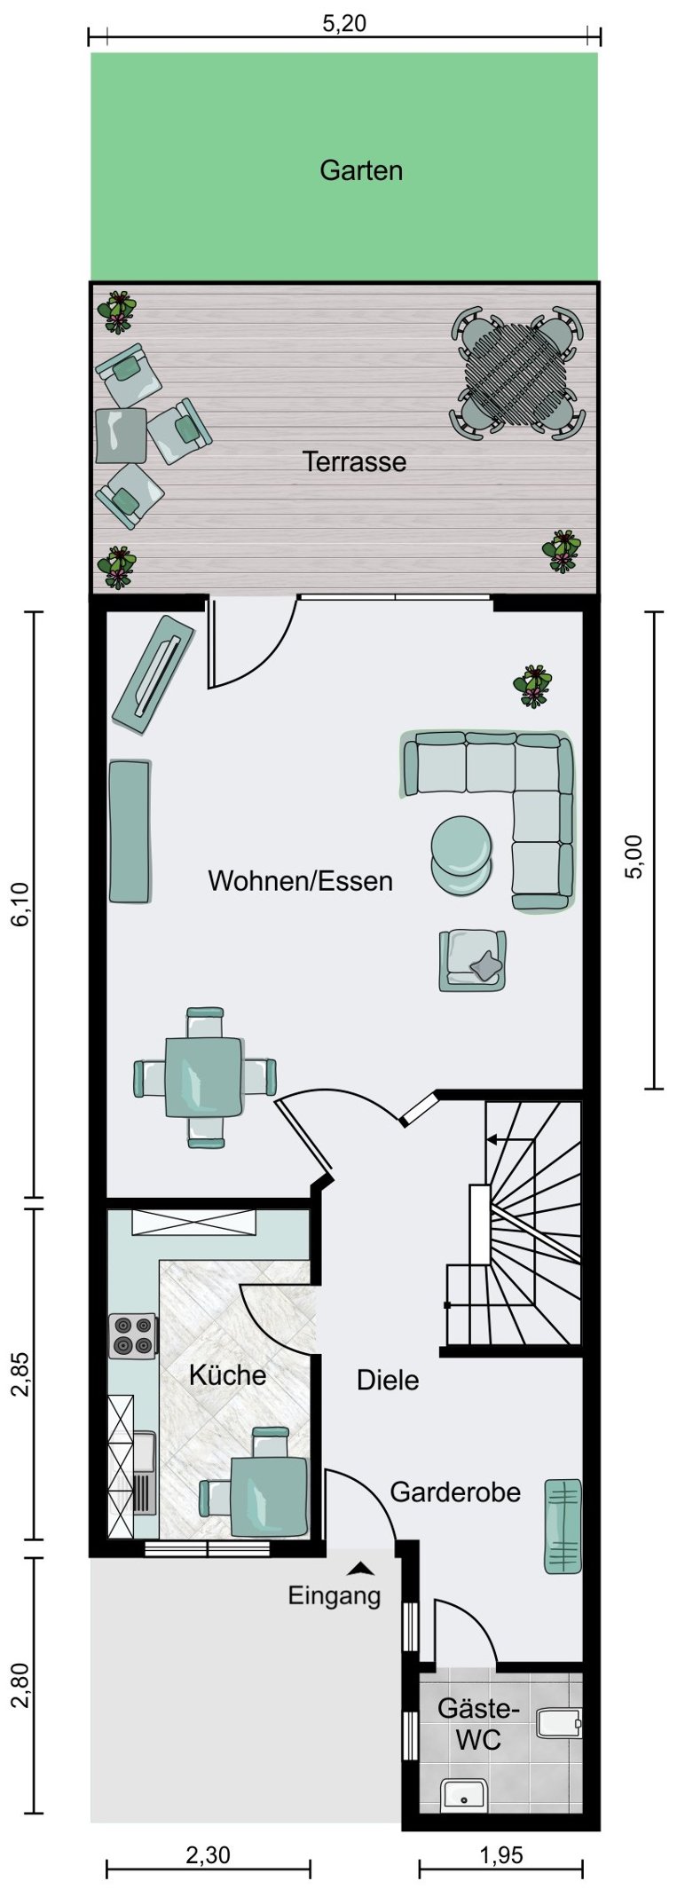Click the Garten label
(361, 169)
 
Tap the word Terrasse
(354, 461)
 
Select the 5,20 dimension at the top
(343, 23)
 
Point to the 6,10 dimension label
(20, 904)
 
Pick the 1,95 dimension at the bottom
(501, 1855)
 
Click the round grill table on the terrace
(517, 374)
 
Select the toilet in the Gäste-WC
(558, 1722)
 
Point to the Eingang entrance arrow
(360, 1568)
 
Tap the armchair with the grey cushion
(473, 960)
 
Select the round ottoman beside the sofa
(461, 853)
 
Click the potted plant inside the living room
(532, 686)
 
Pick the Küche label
(227, 1375)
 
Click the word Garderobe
(455, 1492)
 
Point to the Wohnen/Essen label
(300, 881)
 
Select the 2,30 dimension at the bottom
(208, 1855)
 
